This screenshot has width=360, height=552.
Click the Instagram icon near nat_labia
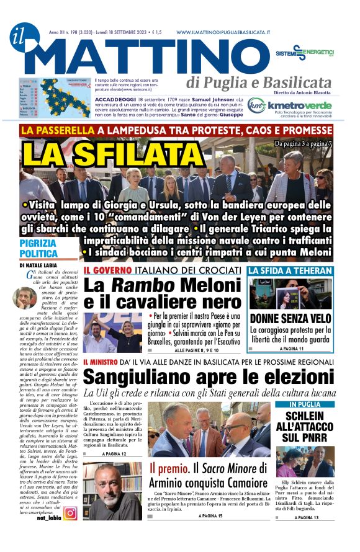[x=70, y=513]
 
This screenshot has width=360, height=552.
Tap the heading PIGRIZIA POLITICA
[x=38, y=249]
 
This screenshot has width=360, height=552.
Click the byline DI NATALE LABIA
[x=42, y=265]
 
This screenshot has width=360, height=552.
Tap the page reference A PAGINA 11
[x=293, y=349]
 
